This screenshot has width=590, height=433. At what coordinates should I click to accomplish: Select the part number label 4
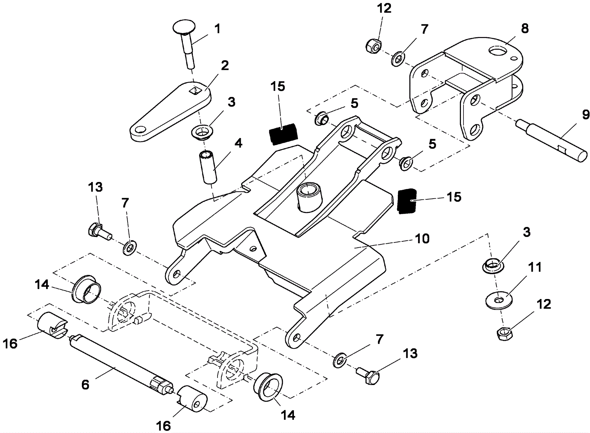click(x=239, y=143)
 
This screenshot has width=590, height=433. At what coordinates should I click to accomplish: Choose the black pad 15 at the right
click(x=406, y=200)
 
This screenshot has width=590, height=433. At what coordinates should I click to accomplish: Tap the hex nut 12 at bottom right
click(x=503, y=334)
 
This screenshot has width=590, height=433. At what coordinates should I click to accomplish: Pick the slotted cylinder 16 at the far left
click(x=52, y=325)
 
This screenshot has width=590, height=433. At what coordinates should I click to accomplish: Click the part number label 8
click(x=524, y=28)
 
